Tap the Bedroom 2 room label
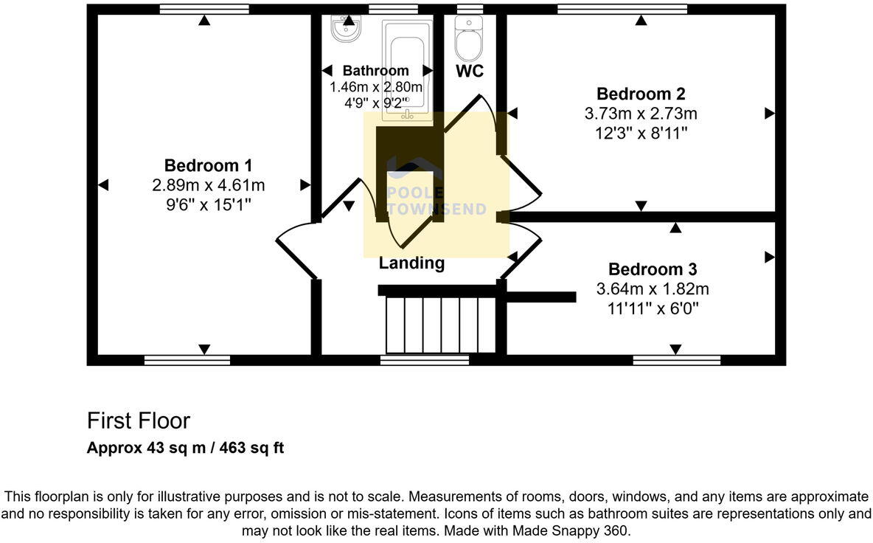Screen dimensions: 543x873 (640, 94)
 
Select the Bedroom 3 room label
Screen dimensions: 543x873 (652, 269)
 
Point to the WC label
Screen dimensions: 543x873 (470, 71)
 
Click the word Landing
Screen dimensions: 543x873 (411, 263)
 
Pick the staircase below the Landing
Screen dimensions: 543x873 (441, 325)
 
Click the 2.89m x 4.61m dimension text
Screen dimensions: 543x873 (207, 184)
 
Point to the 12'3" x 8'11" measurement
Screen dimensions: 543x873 (640, 134)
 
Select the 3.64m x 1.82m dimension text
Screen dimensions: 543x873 (652, 289)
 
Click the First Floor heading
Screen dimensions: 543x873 (139, 421)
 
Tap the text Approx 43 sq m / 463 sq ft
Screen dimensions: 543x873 (185, 448)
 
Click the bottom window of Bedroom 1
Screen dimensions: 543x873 (187, 360)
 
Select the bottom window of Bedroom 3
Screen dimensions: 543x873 (676, 360)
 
